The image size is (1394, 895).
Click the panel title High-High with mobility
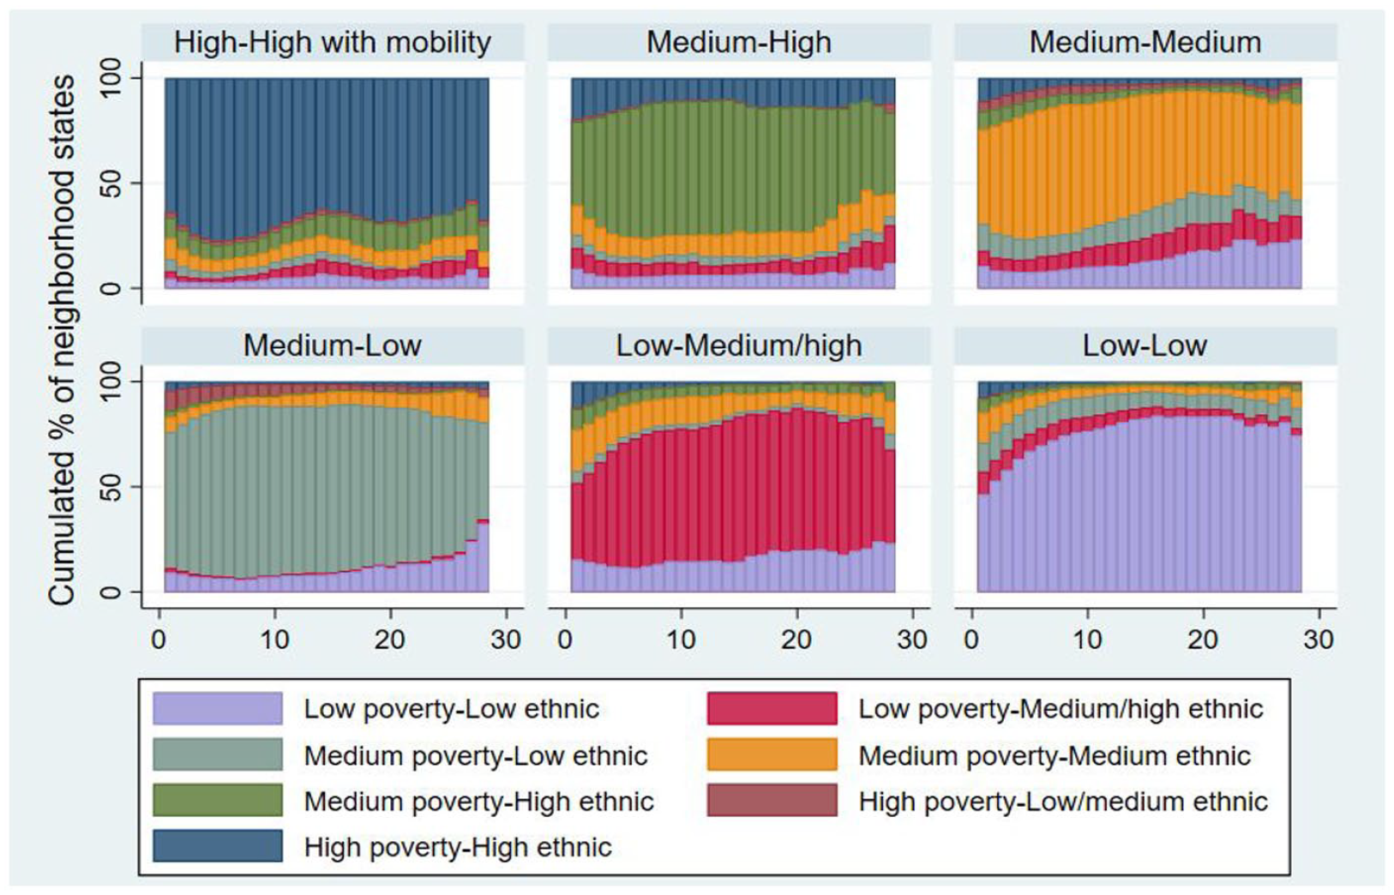(x=333, y=43)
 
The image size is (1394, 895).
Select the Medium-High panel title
(x=739, y=43)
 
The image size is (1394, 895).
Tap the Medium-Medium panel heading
(x=1145, y=43)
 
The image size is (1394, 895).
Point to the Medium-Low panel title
(x=333, y=346)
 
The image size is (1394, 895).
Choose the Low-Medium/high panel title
(x=739, y=346)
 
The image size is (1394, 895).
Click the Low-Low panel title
(x=1145, y=346)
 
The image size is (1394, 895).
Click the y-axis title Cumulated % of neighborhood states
(x=62, y=339)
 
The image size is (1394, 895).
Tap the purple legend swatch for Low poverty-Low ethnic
(x=217, y=708)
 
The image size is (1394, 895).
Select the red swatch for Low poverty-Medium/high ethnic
(x=772, y=708)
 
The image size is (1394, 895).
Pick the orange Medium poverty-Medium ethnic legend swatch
(x=772, y=754)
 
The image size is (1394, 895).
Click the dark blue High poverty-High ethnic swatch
(x=217, y=846)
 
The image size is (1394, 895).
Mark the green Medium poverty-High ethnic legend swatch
(x=217, y=801)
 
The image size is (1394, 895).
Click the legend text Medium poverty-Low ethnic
(x=476, y=756)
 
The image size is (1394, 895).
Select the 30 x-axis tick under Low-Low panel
(x=1318, y=640)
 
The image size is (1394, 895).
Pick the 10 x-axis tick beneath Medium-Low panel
(x=274, y=640)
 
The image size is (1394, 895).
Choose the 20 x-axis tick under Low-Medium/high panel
(x=796, y=640)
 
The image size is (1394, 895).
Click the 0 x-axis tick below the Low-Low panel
(x=971, y=640)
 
